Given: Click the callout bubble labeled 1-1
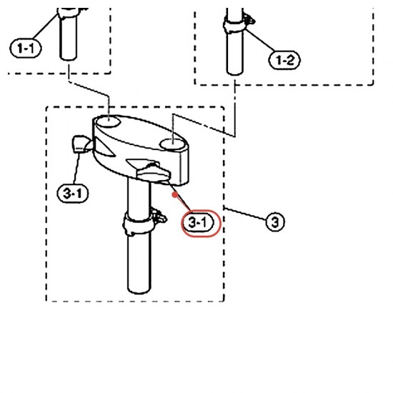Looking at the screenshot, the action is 25,48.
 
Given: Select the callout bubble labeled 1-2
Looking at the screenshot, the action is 284,60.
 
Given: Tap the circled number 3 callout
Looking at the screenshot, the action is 275,222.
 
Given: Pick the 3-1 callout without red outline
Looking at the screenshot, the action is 73,193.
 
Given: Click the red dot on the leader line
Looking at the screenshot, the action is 175,194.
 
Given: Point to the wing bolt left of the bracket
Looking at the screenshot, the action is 82,144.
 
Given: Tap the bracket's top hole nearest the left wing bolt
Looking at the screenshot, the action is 109,121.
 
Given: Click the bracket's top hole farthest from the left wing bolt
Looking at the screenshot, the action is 172,144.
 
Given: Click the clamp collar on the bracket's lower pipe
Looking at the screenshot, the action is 139,224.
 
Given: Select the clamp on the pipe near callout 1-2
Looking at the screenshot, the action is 234,25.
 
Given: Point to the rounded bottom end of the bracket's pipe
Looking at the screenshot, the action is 139,289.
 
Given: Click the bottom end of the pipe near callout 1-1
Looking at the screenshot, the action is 68,58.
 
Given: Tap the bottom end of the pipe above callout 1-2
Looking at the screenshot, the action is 235,73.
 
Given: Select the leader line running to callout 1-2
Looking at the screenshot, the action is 259,40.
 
